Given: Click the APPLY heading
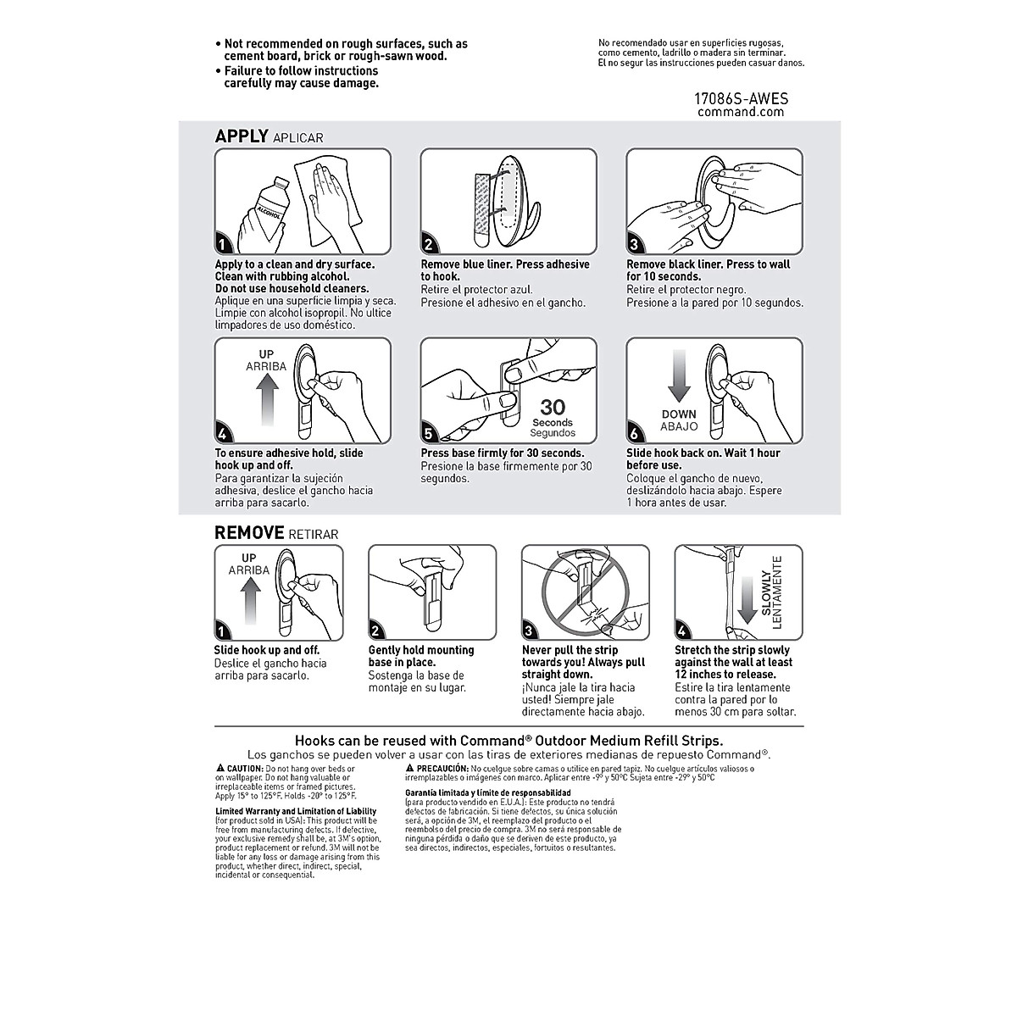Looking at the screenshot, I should [242, 136].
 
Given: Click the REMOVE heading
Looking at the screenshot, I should [249, 532].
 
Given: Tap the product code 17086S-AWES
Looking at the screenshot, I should [741, 99].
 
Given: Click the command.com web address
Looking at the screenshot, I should [741, 112].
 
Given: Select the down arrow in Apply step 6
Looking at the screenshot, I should [680, 377].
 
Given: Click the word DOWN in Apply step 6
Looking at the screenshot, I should [680, 414].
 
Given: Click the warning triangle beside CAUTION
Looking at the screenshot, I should [219, 768].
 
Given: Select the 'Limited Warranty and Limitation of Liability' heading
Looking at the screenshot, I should [296, 811].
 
